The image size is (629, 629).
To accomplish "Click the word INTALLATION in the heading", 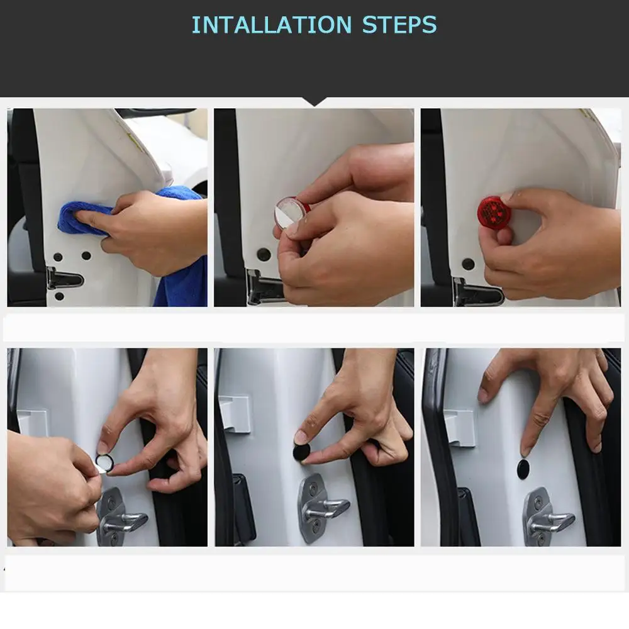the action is [272, 25].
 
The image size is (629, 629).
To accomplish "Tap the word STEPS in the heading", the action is [399, 25].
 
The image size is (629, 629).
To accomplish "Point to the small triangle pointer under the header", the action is [314, 102].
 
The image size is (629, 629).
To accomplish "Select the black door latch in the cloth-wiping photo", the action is [64, 277].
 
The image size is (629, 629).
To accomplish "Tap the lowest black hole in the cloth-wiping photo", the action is [59, 296].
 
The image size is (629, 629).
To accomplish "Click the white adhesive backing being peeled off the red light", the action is [289, 212].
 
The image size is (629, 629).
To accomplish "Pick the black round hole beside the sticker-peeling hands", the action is [264, 254].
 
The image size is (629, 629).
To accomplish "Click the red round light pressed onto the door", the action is [493, 211].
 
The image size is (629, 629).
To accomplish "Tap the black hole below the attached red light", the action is [468, 264].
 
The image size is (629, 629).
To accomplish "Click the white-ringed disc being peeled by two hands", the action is [105, 464].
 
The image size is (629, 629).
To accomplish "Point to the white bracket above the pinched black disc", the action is [235, 414].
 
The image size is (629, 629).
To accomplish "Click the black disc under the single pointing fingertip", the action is [523, 469].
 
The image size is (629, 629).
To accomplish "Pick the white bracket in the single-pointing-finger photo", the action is [460, 428].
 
